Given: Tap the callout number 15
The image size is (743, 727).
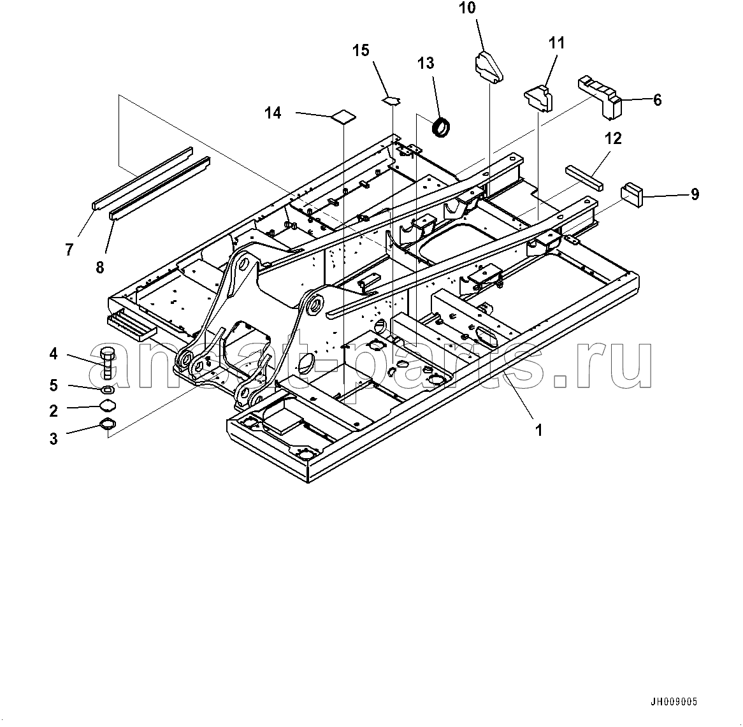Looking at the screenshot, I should [361, 50].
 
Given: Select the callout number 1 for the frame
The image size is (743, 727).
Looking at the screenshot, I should [538, 430].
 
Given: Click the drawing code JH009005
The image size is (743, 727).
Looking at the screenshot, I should [674, 702].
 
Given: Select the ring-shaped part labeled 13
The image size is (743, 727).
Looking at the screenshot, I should [441, 127].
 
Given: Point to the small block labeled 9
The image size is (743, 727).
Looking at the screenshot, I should [632, 194].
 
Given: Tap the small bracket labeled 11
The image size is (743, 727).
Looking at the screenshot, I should [539, 96].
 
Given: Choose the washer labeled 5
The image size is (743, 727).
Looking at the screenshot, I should [108, 389].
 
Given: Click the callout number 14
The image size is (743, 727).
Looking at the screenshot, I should [273, 113].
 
